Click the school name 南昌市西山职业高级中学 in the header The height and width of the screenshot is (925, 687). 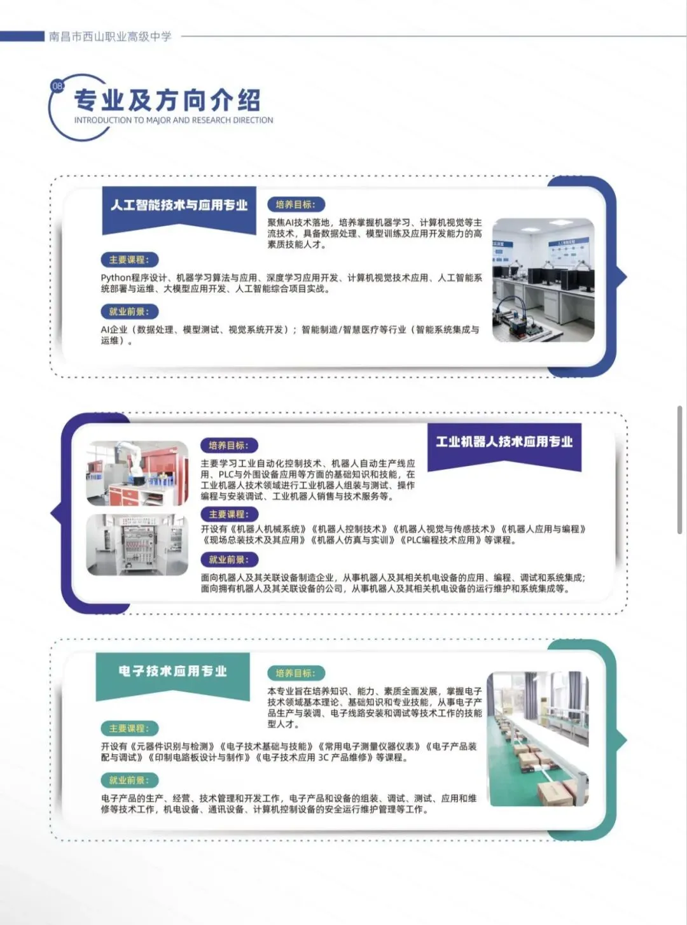click(x=110, y=37)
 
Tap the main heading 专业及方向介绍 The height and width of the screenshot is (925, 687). click(x=167, y=101)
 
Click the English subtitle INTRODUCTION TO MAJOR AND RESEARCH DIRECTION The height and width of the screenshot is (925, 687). click(x=174, y=120)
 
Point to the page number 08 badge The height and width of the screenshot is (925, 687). click(x=57, y=87)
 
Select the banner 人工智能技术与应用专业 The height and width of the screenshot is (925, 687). click(x=179, y=205)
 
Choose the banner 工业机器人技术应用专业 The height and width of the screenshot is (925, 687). click(x=504, y=442)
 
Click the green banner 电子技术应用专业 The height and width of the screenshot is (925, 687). click(x=172, y=671)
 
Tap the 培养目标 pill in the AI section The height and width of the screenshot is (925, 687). click(x=296, y=204)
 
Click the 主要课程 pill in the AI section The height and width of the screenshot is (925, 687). click(x=130, y=260)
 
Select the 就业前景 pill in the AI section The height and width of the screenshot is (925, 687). click(x=130, y=311)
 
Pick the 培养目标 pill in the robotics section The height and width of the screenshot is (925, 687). click(x=229, y=446)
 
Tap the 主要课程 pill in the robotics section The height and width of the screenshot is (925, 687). click(x=229, y=514)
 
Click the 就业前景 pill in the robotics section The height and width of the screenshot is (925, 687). click(x=229, y=560)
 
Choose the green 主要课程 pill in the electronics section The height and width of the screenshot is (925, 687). click(x=130, y=728)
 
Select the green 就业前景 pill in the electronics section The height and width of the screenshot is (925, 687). click(x=130, y=780)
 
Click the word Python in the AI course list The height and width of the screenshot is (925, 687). click(x=116, y=278)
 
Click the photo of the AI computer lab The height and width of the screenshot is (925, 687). click(x=543, y=280)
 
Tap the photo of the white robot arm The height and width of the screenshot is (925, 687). click(x=137, y=473)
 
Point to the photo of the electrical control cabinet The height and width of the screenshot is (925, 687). click(x=137, y=545)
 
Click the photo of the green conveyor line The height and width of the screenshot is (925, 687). click(x=538, y=738)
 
